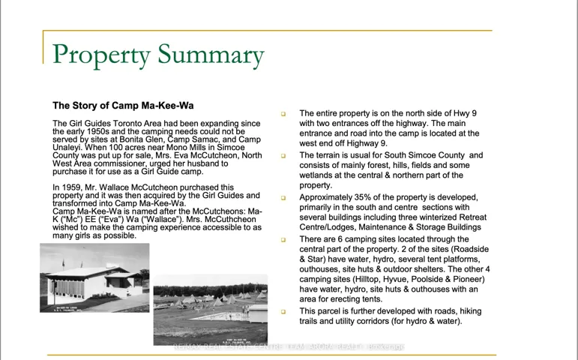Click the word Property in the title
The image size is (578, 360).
click(101, 55)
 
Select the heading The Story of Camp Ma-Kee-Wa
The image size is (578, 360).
click(123, 106)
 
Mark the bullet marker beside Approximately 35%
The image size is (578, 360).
click(283, 198)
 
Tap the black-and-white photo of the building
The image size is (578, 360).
click(94, 277)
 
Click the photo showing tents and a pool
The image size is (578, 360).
click(210, 309)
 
